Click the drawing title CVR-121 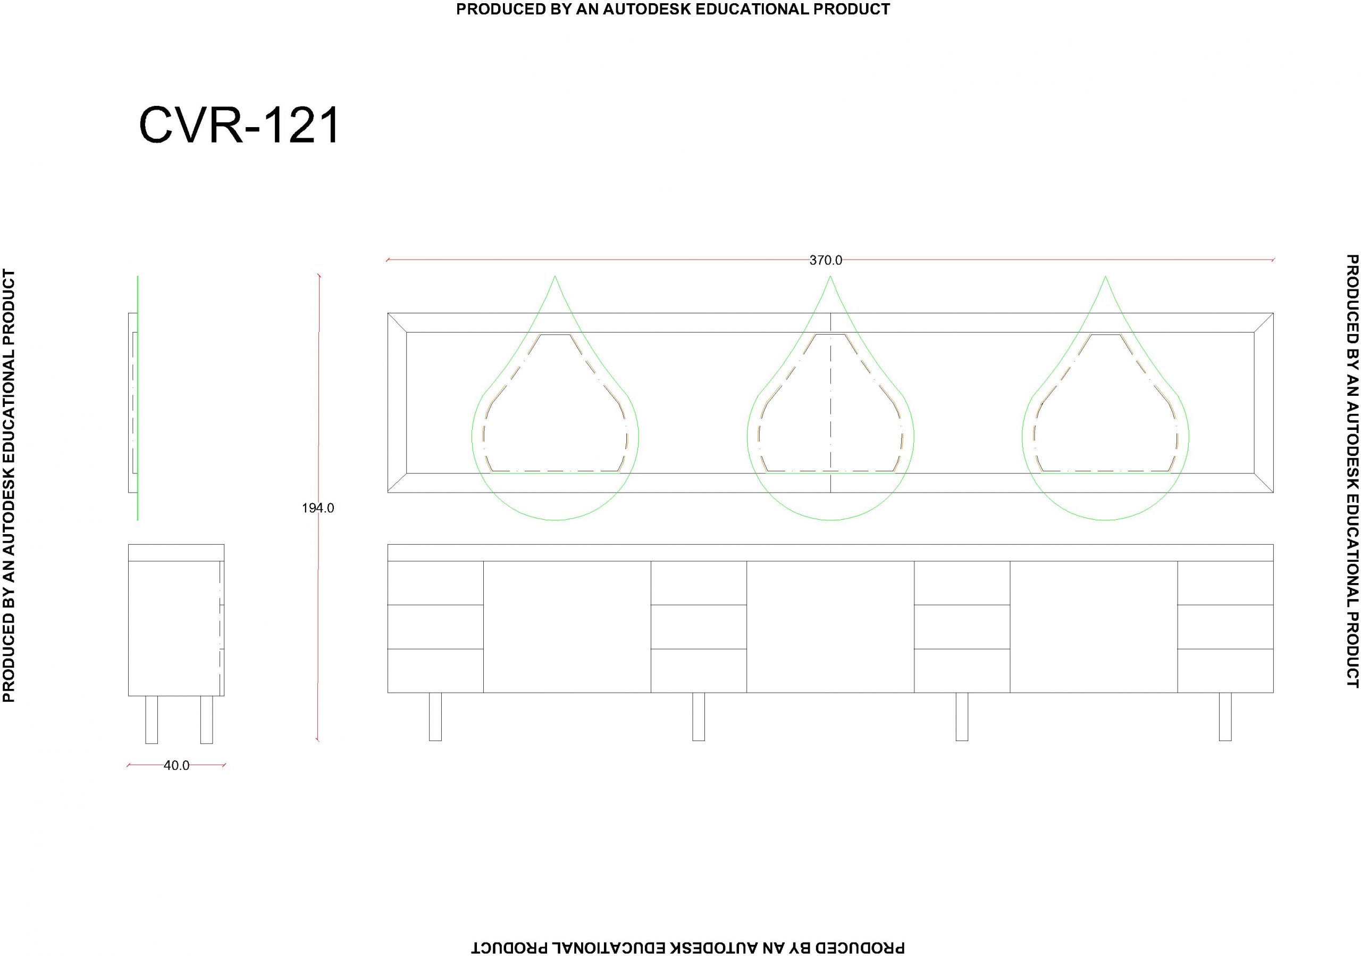tap(239, 125)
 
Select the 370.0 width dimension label tap(826, 260)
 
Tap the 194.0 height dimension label tap(318, 508)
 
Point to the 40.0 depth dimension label tap(176, 766)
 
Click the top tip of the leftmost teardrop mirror tap(555, 276)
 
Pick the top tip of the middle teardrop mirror tap(830, 276)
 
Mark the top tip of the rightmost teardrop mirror tap(1105, 276)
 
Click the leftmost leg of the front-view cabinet tap(435, 717)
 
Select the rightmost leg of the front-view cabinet tap(1225, 717)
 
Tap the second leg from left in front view tap(698, 717)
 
